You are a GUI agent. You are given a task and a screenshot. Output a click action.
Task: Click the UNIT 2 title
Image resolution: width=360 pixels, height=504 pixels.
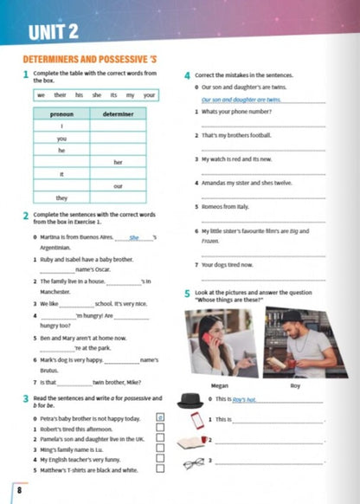pos(54,34)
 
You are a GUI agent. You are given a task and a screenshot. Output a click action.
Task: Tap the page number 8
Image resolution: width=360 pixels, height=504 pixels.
pos(19,491)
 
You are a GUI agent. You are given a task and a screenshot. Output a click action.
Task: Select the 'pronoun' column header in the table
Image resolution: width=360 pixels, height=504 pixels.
pos(61,113)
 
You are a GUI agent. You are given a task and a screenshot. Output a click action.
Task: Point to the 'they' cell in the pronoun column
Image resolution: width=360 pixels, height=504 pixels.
pos(61,197)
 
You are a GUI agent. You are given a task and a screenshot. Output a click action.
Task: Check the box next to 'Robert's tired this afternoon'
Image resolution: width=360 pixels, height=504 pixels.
pos(160,429)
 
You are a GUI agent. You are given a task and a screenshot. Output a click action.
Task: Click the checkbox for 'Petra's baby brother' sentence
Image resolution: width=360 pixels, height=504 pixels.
pos(160,417)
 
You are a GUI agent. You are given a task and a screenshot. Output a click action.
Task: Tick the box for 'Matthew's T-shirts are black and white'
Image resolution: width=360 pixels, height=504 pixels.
pos(160,470)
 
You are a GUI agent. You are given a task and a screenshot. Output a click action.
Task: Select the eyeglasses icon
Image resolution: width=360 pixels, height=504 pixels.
pos(192,462)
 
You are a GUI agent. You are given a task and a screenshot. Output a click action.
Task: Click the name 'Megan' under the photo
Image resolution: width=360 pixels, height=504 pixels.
pos(220,385)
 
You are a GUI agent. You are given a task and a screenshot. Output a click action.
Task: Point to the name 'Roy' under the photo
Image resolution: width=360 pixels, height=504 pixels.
pos(294,385)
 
